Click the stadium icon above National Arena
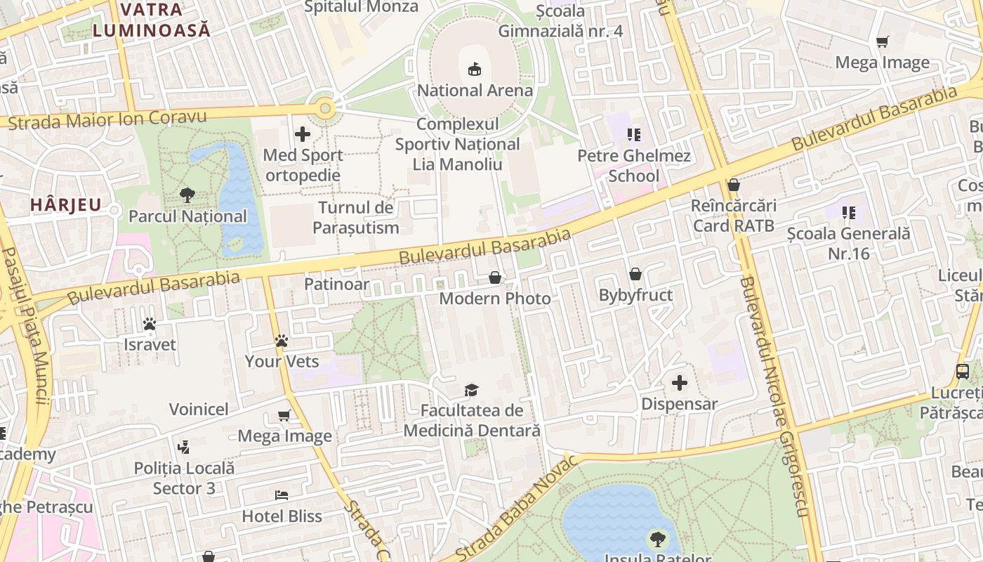475,69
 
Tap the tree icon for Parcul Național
187,195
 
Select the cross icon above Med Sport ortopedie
303,133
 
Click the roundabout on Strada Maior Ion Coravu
324,108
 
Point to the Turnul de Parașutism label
356,217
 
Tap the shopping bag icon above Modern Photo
495,277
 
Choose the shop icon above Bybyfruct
635,273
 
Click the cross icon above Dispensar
680,383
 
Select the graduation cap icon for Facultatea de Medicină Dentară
472,389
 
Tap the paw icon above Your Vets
282,341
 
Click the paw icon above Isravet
150,324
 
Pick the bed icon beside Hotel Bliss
282,495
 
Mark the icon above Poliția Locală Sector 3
184,446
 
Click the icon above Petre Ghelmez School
634,134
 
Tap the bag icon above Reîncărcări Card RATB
734,185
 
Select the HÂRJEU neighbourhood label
66,205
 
